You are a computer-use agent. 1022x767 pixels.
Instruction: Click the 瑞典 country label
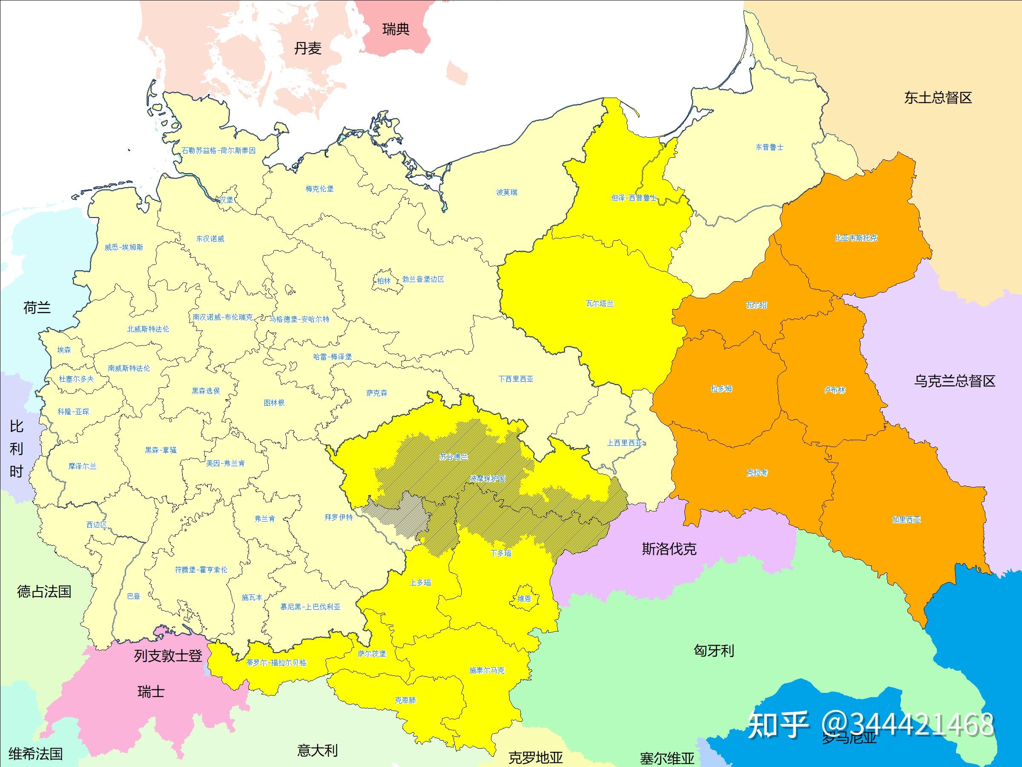point(396,29)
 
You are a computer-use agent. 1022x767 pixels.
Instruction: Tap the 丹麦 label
point(307,48)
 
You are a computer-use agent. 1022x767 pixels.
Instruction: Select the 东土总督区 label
point(938,98)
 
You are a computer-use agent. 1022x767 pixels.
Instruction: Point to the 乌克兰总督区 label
point(955,381)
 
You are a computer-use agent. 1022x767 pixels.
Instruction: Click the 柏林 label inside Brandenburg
point(384,281)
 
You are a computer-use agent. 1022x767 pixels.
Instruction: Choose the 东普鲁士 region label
point(769,147)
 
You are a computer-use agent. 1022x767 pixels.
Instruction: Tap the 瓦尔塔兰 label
point(600,304)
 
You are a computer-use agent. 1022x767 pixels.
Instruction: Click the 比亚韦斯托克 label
point(855,238)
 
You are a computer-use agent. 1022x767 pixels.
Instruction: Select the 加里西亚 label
point(906,520)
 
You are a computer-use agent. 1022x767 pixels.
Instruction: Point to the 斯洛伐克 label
point(669,549)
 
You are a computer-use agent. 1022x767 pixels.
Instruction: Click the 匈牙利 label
point(713,651)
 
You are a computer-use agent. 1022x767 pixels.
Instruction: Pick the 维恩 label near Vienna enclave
point(524,599)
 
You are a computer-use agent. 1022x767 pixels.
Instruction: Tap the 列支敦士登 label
point(168,656)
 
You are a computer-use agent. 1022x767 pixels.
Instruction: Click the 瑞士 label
point(151,692)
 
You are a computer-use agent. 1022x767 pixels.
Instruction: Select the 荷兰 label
point(37,308)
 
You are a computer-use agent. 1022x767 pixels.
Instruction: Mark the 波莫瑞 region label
point(506,192)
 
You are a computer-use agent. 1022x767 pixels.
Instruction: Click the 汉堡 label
point(227,200)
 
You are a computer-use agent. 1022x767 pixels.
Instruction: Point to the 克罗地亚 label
point(536,757)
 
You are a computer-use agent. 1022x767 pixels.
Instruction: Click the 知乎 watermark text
point(778,724)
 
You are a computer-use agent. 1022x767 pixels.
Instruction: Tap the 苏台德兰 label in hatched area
point(453,457)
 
